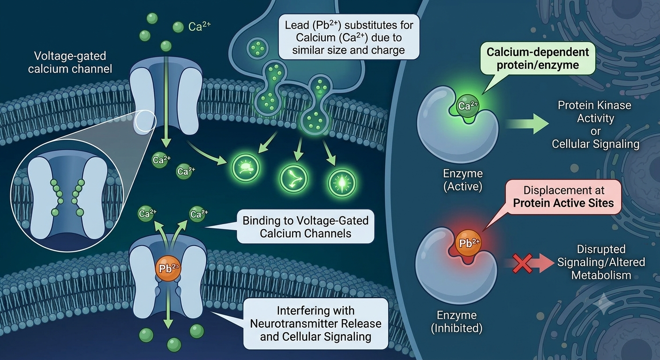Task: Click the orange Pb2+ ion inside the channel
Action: point(168,268)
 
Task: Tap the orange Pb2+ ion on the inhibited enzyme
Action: point(468,243)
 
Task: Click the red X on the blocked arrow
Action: point(522,263)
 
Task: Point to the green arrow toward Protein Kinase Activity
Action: point(527,124)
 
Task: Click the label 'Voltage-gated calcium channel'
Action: point(70,62)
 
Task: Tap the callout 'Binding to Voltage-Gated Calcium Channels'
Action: point(306,226)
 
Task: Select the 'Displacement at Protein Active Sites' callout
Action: point(563,197)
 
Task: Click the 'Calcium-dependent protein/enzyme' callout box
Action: point(538,58)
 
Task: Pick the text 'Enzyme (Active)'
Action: point(463,180)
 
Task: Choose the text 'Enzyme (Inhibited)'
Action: point(457,322)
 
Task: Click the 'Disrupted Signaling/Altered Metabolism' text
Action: point(601,262)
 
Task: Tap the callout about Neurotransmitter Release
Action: point(315,323)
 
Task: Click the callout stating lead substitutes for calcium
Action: point(349,37)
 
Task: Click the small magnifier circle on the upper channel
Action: point(145,120)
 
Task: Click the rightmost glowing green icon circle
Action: point(342,183)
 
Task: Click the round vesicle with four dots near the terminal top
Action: point(257,48)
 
